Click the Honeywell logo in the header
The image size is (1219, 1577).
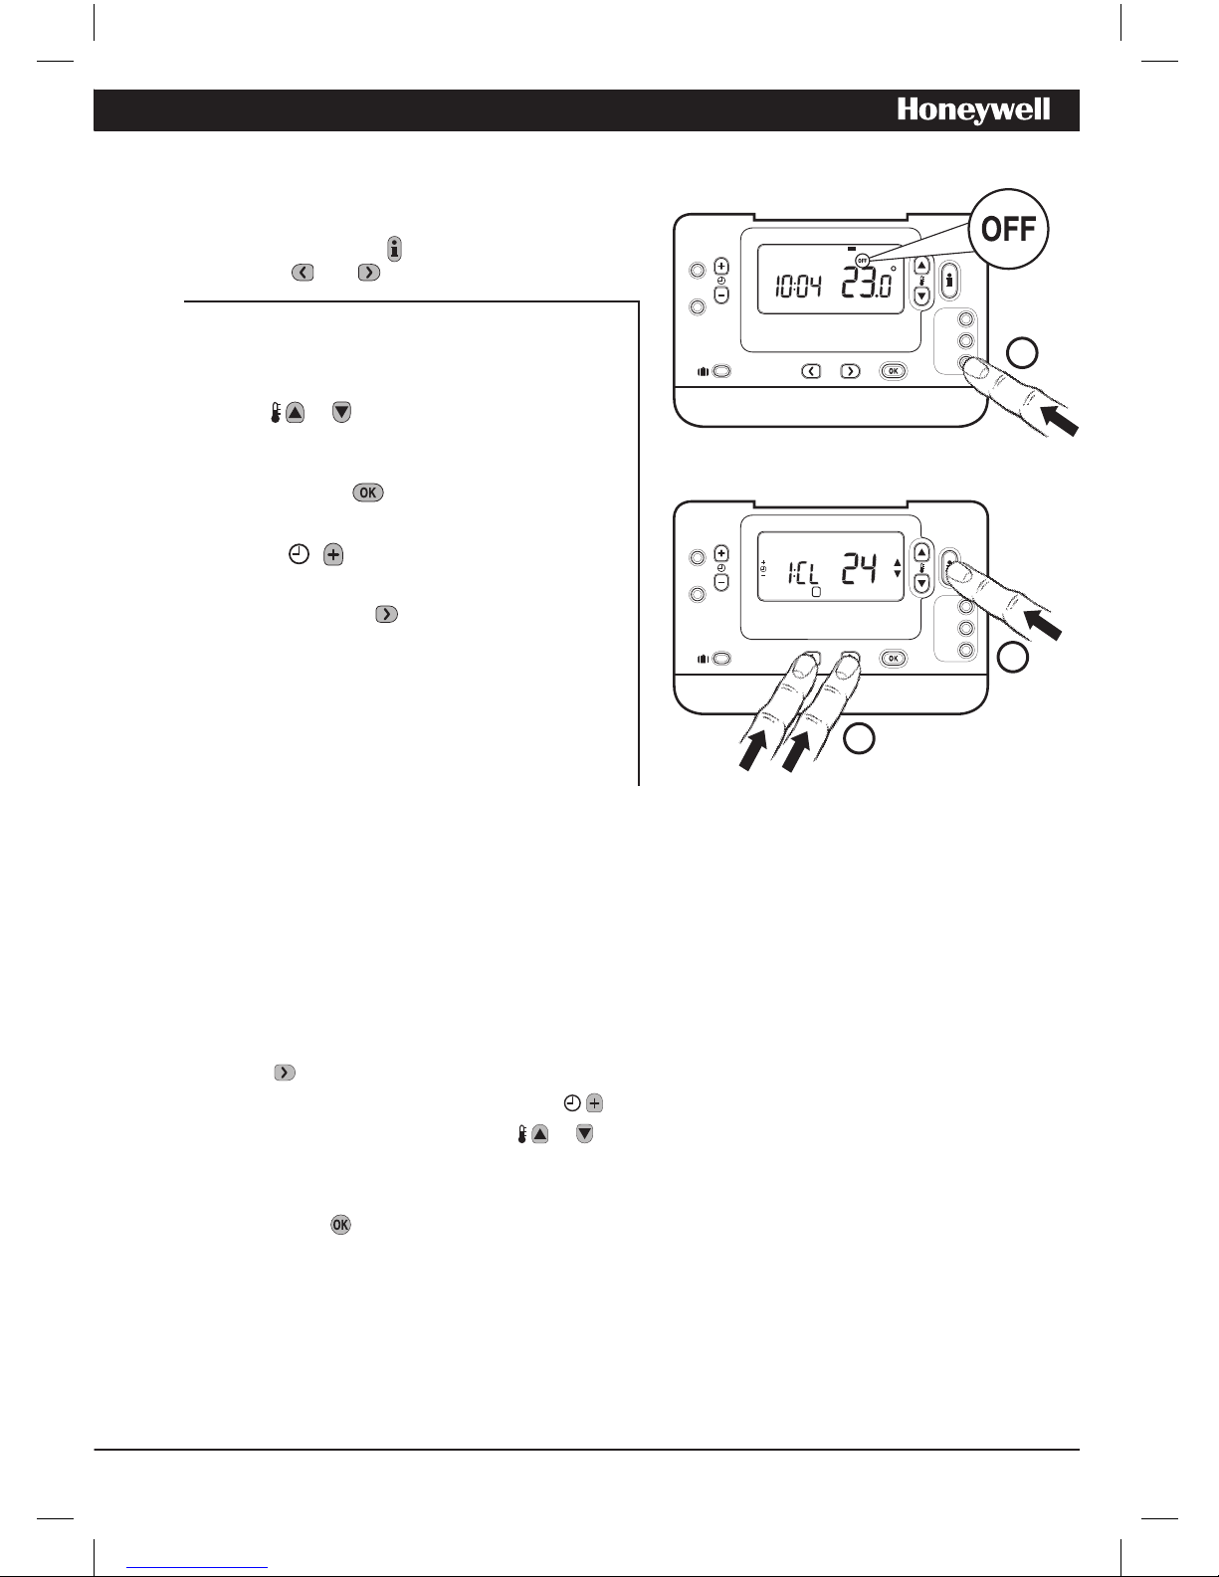tap(973, 110)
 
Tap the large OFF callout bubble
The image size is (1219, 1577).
tap(1009, 229)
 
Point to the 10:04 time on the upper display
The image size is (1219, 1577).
tap(798, 288)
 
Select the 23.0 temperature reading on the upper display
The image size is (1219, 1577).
tap(867, 283)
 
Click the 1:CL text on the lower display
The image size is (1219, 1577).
tap(803, 573)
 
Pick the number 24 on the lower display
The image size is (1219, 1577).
tap(859, 569)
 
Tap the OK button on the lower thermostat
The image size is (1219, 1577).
tap(894, 659)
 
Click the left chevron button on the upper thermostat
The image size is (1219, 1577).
tap(811, 371)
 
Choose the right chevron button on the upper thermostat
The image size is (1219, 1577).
tap(850, 371)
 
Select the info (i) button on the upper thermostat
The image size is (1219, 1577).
tap(949, 281)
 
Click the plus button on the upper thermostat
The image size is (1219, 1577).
tap(721, 266)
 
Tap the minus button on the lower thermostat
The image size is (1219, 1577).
tap(721, 582)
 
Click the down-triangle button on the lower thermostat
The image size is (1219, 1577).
tap(921, 583)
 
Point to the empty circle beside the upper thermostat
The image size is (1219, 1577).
tap(1022, 352)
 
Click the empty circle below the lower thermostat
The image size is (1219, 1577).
tap(859, 738)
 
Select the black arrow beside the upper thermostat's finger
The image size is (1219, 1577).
tap(1060, 421)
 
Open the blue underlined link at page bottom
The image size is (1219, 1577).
tap(197, 1568)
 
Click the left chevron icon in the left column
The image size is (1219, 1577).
tap(303, 273)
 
